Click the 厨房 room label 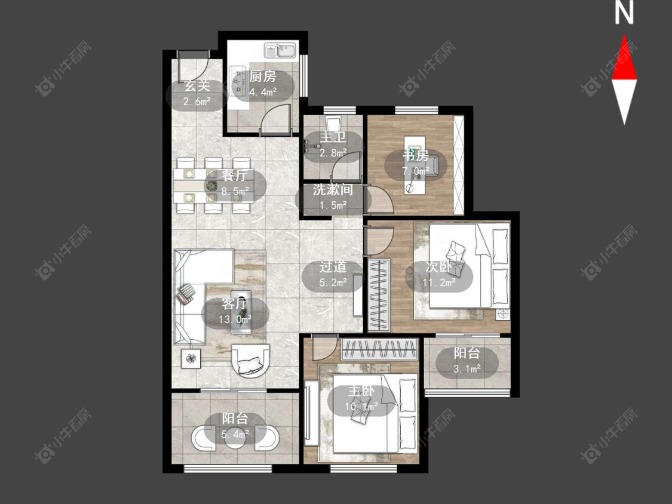point(262,76)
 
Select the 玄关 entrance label point(197,86)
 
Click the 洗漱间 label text point(333,189)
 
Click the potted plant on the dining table point(211,186)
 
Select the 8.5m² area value point(235,192)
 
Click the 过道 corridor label point(333,267)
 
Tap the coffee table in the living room point(241,312)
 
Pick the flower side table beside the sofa point(191,358)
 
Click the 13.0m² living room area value point(234,319)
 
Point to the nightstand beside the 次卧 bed point(503,314)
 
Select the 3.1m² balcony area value point(467,368)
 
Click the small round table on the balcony point(235,439)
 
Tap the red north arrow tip point(624,36)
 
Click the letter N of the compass point(624,13)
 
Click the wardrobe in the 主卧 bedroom point(379,349)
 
